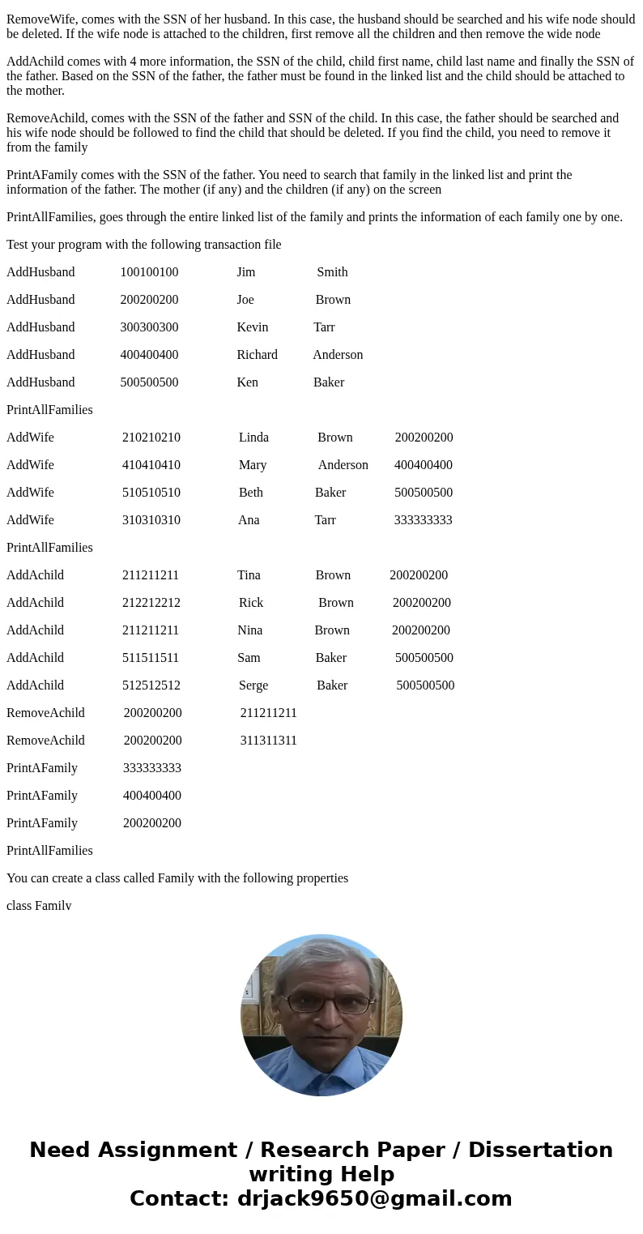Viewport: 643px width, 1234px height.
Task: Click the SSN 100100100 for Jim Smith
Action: pyautogui.click(x=149, y=272)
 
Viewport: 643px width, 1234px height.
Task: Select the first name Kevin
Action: pyautogui.click(x=252, y=327)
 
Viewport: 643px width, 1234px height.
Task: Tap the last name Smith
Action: pyautogui.click(x=332, y=272)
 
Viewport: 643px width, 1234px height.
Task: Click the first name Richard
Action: pyautogui.click(x=257, y=355)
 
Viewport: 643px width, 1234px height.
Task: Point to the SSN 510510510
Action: pyautogui.click(x=151, y=493)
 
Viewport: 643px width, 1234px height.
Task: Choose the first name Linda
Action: pyautogui.click(x=253, y=438)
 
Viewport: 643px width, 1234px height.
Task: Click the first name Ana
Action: pyautogui.click(x=249, y=520)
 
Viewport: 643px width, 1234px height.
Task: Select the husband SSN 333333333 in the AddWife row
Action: pyautogui.click(x=423, y=520)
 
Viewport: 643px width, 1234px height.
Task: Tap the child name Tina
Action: pyautogui.click(x=249, y=575)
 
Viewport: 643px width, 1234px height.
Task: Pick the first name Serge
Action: pyautogui.click(x=253, y=685)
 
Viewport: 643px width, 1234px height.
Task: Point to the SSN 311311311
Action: pyautogui.click(x=268, y=741)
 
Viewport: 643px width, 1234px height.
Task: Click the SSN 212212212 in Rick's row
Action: pyautogui.click(x=151, y=603)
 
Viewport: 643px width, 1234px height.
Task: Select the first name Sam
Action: pyautogui.click(x=249, y=658)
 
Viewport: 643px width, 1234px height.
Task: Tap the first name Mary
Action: pyautogui.click(x=253, y=465)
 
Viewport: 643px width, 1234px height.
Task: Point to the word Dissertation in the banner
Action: pyautogui.click(x=540, y=1151)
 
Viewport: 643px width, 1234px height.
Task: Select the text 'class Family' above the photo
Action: pyautogui.click(x=39, y=906)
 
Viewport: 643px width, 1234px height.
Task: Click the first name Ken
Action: pyautogui.click(x=247, y=382)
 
